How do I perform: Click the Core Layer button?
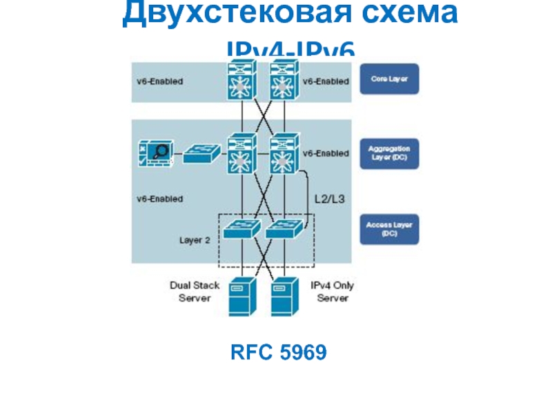390,79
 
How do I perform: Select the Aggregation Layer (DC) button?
390,152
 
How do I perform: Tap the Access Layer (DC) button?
390,230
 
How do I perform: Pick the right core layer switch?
283,81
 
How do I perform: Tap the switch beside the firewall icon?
201,153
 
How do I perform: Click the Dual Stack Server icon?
241,295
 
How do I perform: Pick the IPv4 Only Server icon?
284,295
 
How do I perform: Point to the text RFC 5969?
278,354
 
